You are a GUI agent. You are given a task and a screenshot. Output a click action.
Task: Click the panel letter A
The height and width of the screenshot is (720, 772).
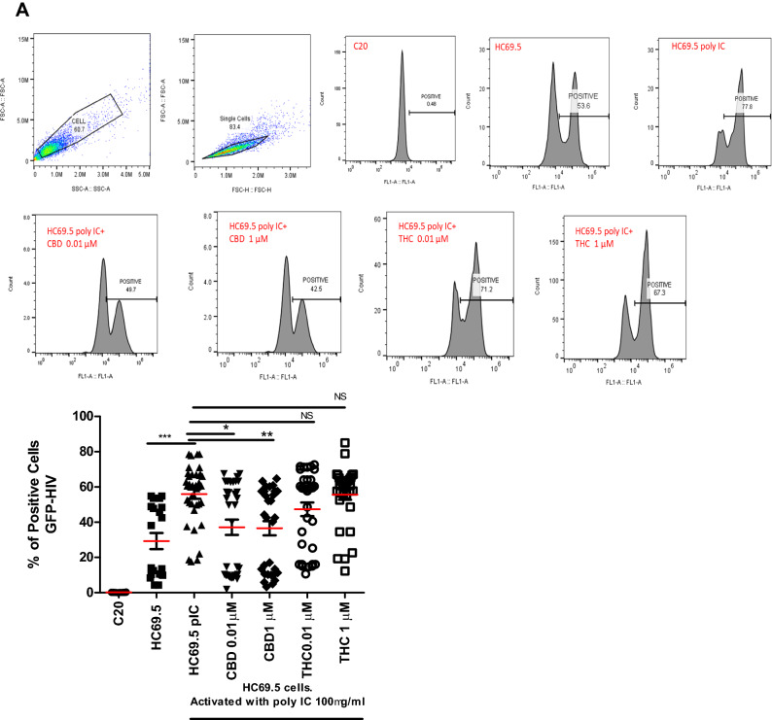10,11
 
